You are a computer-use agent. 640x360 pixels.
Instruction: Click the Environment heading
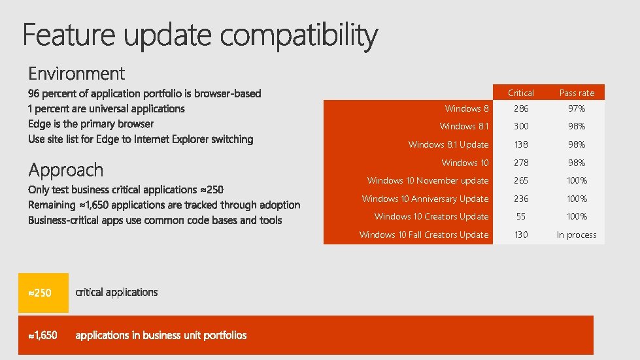click(76, 73)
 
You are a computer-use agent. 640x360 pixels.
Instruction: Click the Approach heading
click(66, 171)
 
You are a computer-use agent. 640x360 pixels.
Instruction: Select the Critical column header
click(521, 93)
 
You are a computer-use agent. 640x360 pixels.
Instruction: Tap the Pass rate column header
click(577, 93)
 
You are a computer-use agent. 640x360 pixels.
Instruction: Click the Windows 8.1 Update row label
click(448, 144)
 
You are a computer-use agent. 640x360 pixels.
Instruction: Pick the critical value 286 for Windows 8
click(521, 108)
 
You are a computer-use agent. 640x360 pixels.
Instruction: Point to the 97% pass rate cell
click(577, 108)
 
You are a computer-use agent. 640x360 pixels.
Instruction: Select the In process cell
click(577, 235)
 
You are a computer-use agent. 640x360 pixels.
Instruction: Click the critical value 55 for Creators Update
click(521, 216)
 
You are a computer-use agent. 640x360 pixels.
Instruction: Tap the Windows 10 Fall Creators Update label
click(424, 235)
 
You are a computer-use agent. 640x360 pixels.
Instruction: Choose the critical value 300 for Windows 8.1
click(521, 126)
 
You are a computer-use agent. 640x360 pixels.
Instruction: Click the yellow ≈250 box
click(43, 293)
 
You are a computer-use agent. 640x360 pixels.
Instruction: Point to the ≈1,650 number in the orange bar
click(43, 335)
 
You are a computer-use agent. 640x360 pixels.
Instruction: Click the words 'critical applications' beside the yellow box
click(117, 292)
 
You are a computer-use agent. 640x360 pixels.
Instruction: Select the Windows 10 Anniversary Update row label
click(426, 199)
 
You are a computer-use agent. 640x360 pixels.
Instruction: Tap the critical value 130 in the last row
click(521, 235)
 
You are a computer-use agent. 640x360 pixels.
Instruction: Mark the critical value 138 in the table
click(521, 144)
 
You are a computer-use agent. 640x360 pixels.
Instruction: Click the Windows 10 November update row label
click(428, 180)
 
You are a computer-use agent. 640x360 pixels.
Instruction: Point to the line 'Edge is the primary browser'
click(91, 123)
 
